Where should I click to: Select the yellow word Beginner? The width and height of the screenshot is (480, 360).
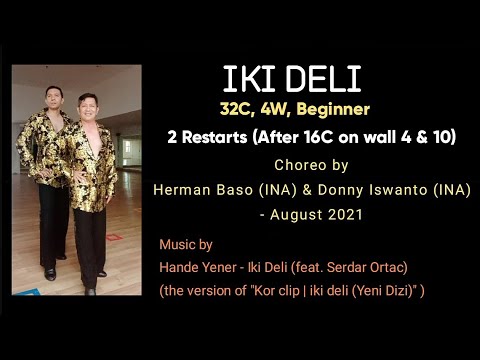(x=332, y=108)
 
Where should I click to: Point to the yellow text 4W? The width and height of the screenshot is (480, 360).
(x=279, y=108)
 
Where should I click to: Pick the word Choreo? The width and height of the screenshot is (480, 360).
(x=295, y=164)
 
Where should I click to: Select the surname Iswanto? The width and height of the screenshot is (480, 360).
(x=416, y=189)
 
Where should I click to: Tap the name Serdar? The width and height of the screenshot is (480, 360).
(x=351, y=267)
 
